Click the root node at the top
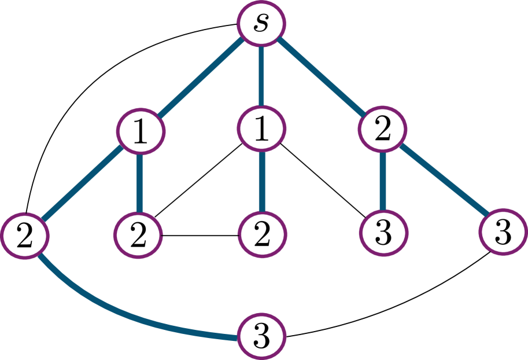point(261,24)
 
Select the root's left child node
point(141,131)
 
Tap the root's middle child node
point(261,128)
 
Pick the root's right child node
point(382,129)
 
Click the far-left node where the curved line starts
point(24,236)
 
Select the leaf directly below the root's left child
point(138,234)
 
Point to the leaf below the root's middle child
point(262,234)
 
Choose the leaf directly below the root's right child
point(383,233)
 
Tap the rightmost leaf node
point(503,232)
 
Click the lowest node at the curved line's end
point(261,336)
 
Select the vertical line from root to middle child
point(261,76)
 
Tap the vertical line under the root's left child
point(139,183)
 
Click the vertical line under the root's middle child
point(262,181)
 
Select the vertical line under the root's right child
point(382,181)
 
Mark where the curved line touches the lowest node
point(238,337)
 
